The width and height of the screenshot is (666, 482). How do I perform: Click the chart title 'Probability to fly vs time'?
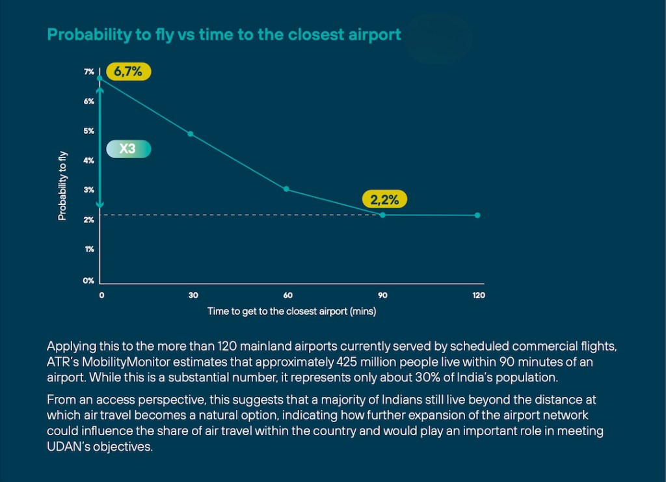[x=224, y=34]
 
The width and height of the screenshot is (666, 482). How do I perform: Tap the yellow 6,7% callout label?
[x=128, y=72]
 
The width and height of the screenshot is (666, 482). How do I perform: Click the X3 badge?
[x=127, y=149]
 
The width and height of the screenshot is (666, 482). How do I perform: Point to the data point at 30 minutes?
[x=191, y=134]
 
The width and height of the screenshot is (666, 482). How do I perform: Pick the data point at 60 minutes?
[x=287, y=189]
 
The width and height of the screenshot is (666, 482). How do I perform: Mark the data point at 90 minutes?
[x=382, y=215]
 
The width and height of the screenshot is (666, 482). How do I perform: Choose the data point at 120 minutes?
[x=478, y=215]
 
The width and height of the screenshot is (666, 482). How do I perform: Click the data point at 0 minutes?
[x=100, y=78]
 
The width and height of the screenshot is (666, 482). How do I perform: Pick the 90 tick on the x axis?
[x=382, y=295]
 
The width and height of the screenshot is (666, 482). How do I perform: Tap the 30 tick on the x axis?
[x=193, y=295]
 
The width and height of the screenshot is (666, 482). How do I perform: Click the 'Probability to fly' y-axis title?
[x=62, y=185]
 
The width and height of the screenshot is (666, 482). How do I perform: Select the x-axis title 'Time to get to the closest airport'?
[x=292, y=311]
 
